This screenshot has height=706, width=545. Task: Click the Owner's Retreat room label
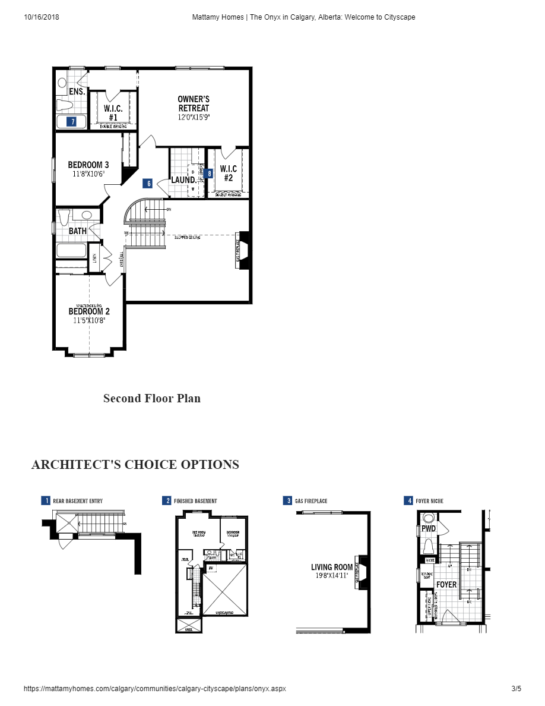[194, 103]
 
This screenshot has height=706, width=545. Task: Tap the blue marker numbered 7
[72, 122]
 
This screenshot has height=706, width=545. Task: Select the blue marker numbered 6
[149, 184]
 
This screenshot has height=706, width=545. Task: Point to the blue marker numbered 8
[209, 174]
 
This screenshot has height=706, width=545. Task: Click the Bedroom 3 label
[88, 165]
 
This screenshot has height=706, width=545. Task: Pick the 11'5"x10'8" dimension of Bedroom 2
[88, 320]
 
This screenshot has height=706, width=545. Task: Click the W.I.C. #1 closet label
[113, 112]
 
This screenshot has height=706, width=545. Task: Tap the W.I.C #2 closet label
[229, 173]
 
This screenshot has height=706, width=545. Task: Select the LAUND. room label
[183, 179]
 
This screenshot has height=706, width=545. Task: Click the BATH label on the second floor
[78, 231]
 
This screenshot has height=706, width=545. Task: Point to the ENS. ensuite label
[77, 92]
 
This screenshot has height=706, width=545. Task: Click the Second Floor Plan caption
[152, 398]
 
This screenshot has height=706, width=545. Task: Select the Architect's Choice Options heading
[135, 464]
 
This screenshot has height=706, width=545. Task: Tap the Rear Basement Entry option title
[78, 501]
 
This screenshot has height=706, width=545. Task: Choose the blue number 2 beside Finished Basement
[166, 501]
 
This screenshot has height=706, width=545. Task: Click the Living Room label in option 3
[332, 568]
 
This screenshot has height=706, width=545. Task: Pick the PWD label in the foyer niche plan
[429, 528]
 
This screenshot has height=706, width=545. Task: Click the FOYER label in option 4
[446, 585]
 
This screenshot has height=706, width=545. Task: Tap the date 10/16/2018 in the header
[42, 17]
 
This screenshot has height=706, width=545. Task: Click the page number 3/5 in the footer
[516, 689]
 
